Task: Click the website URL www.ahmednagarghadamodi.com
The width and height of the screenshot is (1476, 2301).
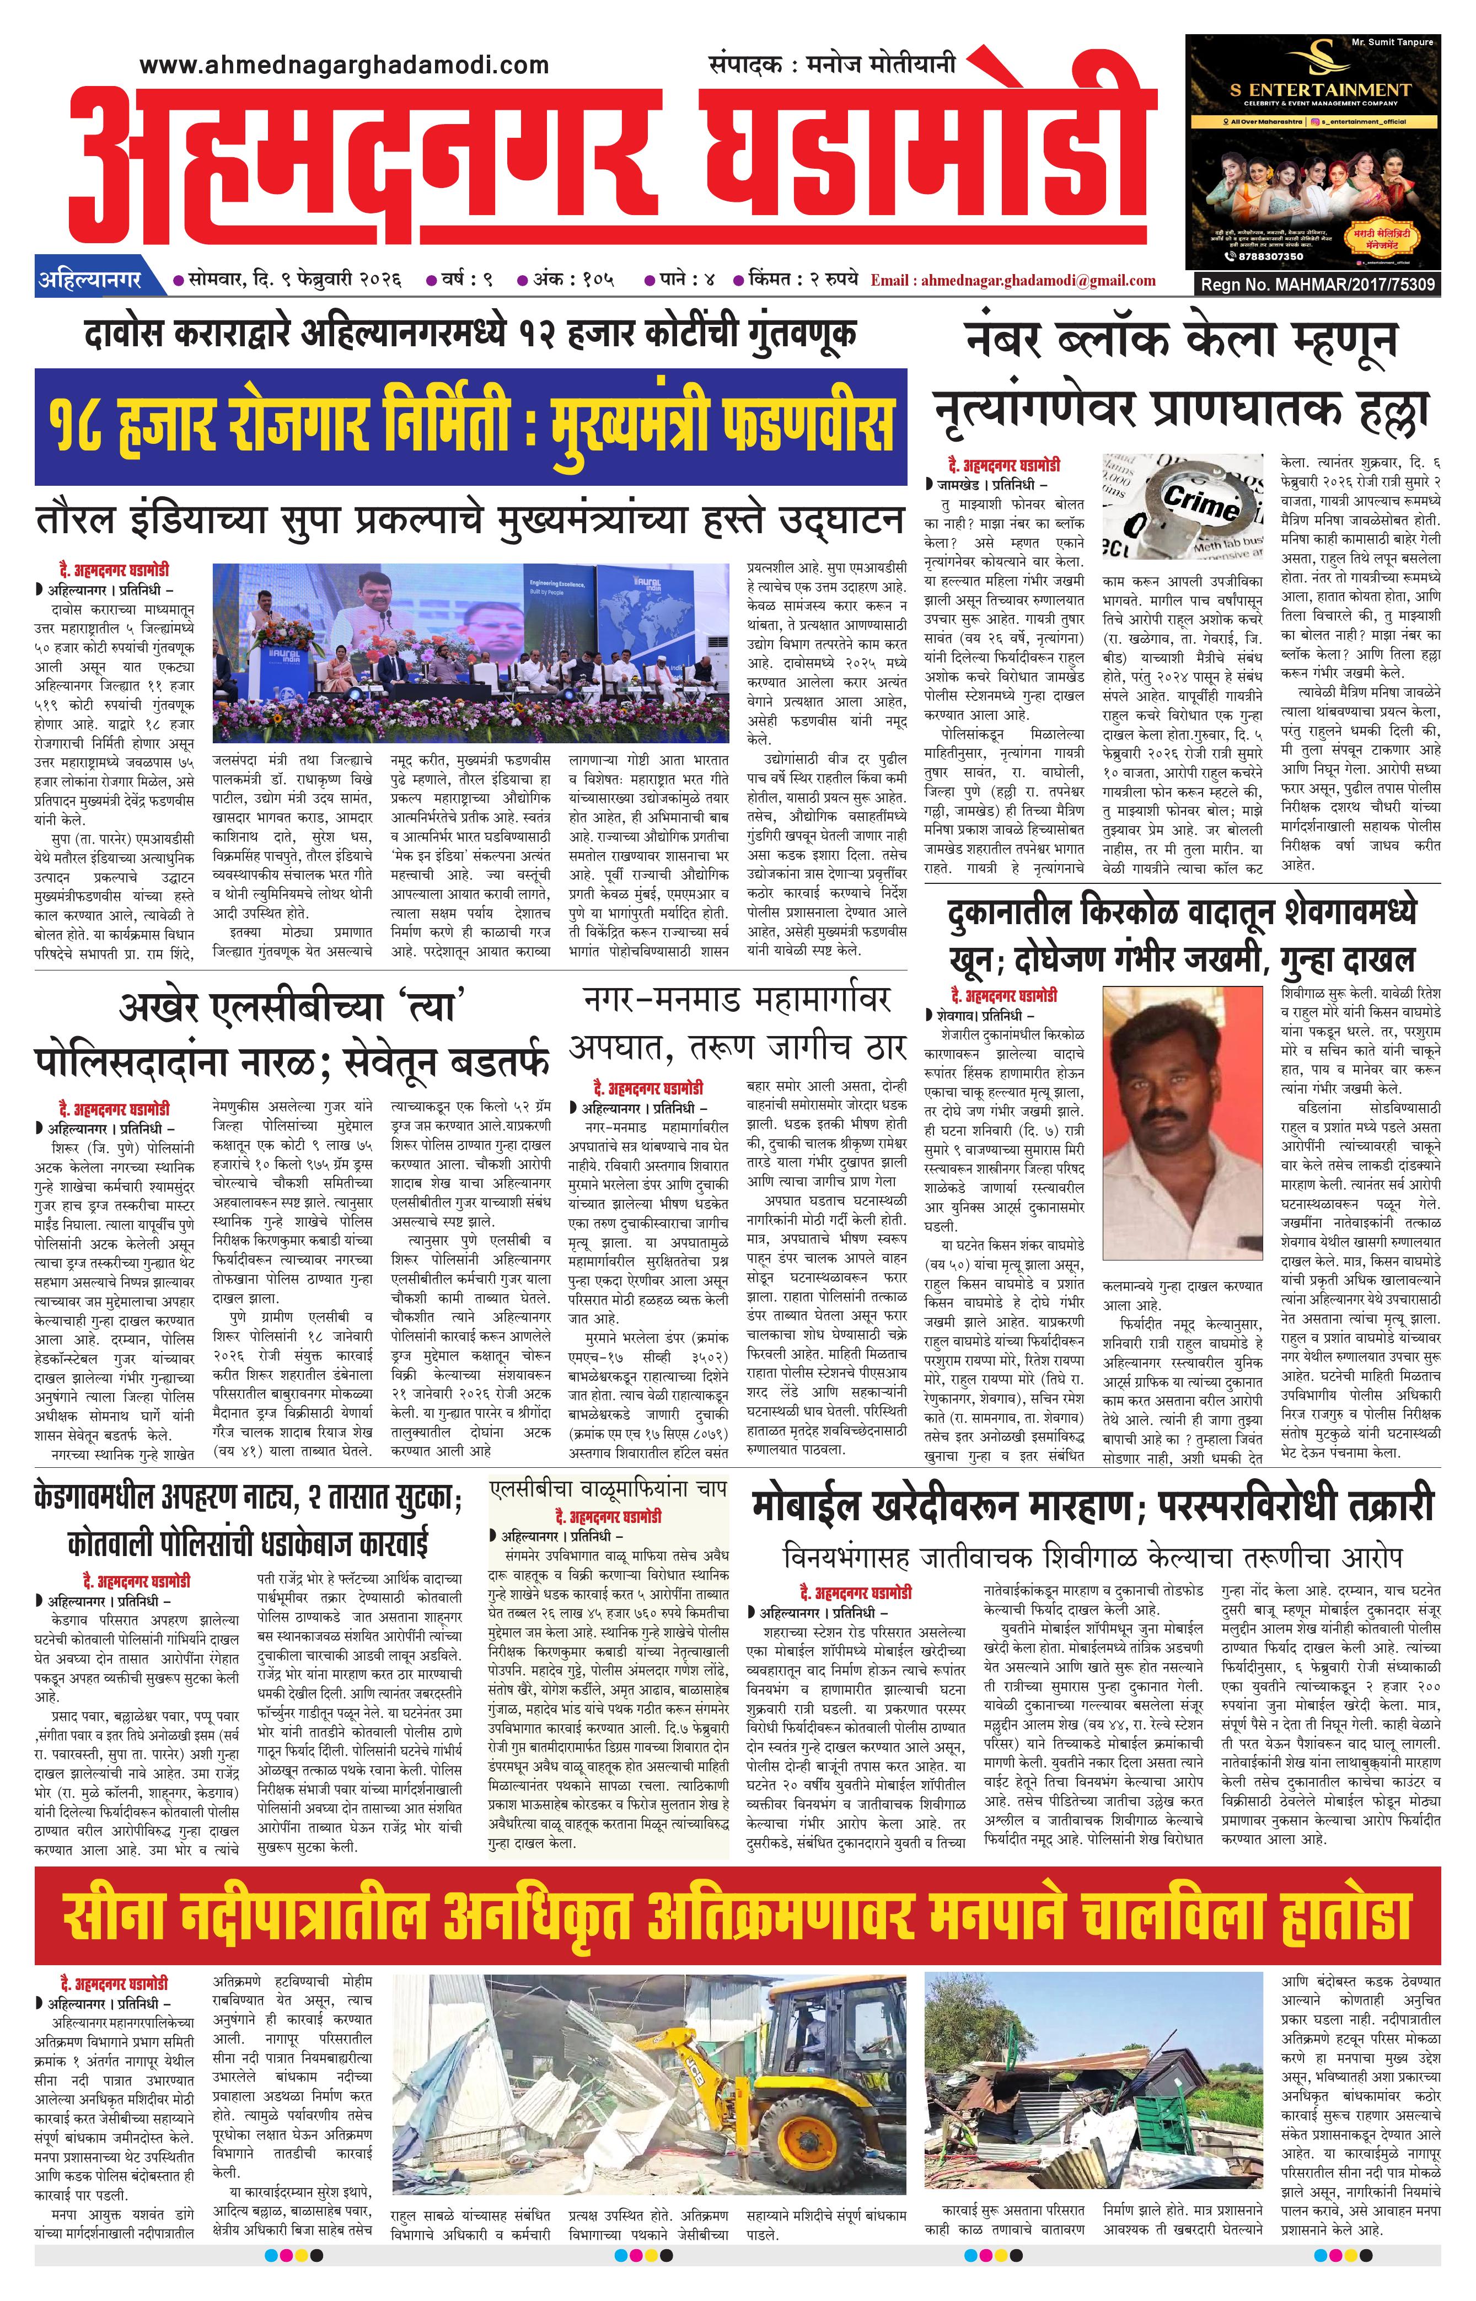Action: [x=344, y=65]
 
